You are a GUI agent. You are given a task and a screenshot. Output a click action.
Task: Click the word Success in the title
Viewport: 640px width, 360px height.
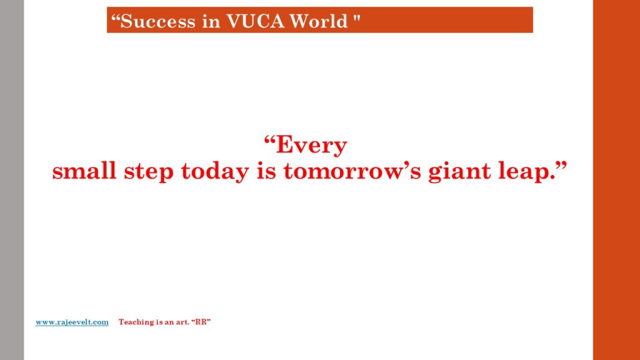[x=158, y=21]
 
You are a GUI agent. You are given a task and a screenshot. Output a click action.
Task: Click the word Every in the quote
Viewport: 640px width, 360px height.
[x=311, y=146]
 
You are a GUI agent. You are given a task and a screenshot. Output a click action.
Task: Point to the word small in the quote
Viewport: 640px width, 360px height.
[x=84, y=171]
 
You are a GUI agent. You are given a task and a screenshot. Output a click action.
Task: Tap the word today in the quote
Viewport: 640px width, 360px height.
[x=215, y=172]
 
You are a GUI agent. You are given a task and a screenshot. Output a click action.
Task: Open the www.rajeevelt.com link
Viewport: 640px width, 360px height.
[x=72, y=322]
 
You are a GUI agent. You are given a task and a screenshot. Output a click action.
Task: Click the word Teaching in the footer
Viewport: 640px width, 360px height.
[x=136, y=322]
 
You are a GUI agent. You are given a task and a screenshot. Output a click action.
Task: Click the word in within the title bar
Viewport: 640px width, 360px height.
[x=211, y=21]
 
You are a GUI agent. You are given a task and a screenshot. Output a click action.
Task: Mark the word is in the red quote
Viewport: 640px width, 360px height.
[x=266, y=171]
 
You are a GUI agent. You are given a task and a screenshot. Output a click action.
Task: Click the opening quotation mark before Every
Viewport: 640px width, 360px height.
[x=269, y=141]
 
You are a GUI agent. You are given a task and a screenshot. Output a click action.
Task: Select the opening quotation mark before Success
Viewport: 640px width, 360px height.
[x=116, y=18]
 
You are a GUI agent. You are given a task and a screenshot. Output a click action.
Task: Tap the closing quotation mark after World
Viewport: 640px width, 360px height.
[x=357, y=18]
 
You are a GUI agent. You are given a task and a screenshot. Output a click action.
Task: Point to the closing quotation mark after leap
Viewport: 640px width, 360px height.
[x=562, y=166]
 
